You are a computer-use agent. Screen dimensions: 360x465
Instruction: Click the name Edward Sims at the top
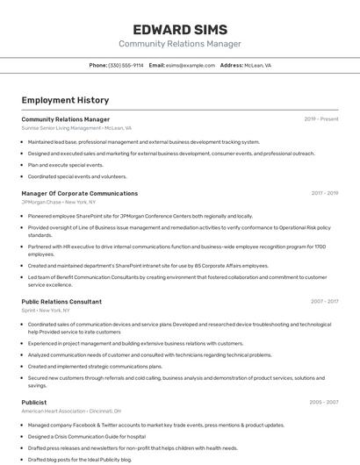[x=179, y=29]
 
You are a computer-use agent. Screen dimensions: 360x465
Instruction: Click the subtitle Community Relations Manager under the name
[x=179, y=44]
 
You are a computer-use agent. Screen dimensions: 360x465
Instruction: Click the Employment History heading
[x=65, y=100]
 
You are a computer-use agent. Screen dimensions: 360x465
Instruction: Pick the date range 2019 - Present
[x=320, y=119]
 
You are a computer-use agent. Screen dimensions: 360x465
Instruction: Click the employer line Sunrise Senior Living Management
[x=76, y=128]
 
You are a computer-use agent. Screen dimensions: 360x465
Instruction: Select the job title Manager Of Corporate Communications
[x=79, y=193]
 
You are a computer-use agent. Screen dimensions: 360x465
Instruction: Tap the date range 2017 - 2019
[x=324, y=193]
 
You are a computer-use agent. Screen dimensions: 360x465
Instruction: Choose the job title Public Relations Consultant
[x=61, y=301]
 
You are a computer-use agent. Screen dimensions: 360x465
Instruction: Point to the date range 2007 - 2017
[x=324, y=301]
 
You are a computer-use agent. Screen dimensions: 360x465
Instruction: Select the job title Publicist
[x=34, y=402]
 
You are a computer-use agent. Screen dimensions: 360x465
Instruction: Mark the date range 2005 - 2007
[x=323, y=402]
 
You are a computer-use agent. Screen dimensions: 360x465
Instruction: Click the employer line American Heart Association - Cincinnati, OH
[x=71, y=411]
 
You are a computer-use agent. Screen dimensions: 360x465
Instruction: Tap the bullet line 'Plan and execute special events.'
[x=66, y=165]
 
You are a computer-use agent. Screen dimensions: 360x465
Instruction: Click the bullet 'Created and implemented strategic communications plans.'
[x=95, y=367]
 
